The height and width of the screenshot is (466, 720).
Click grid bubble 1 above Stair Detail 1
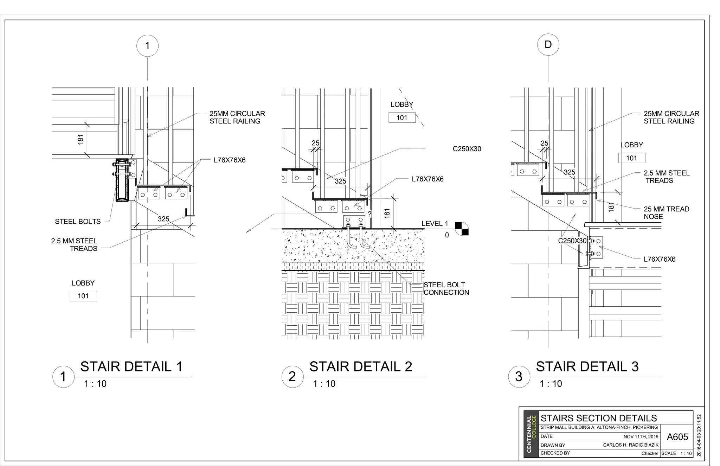(147, 46)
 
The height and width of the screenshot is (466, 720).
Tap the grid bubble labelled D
(548, 45)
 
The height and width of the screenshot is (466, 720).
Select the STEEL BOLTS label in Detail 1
(78, 222)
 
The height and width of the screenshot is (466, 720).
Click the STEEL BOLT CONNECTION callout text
(446, 289)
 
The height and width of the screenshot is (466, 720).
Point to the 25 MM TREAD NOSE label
(666, 213)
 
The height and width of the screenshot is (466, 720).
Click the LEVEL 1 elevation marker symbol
(462, 229)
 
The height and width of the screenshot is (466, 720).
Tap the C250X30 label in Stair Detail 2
(467, 149)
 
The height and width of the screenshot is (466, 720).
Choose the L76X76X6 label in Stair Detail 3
(660, 259)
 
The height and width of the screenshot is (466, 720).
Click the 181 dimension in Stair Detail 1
(81, 139)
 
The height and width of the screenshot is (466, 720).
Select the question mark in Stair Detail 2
(369, 214)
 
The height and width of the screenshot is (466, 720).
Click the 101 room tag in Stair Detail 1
(83, 296)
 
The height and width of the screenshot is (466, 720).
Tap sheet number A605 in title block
(677, 437)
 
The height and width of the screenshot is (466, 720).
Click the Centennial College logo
(531, 434)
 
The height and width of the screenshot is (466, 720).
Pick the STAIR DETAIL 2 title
(360, 367)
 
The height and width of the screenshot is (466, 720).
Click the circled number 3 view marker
(519, 377)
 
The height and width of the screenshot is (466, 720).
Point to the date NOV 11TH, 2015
(641, 437)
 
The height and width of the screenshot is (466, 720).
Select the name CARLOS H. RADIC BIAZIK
(631, 445)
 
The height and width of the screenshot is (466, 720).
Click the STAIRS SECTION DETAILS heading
(598, 418)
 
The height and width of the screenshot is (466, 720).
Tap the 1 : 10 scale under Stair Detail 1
(95, 384)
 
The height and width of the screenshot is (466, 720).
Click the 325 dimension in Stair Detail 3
(570, 172)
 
